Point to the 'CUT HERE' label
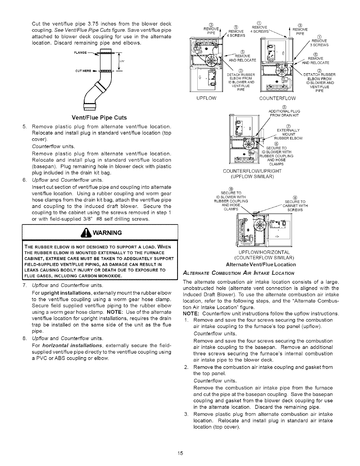point(81,71)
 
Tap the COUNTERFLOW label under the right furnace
point(277,98)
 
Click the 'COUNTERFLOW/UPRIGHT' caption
point(252,171)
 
